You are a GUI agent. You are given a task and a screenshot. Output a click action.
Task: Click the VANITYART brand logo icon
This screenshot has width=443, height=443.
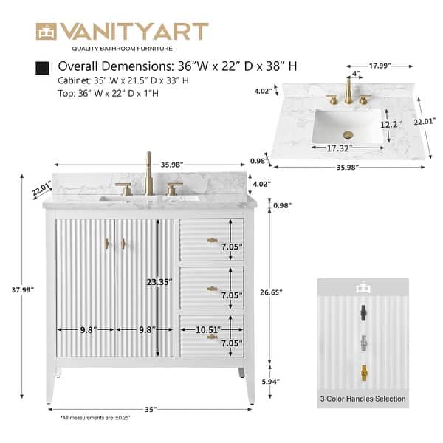coord(47,32)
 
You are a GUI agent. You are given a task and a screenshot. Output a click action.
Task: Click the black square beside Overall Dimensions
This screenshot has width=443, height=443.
coord(43,68)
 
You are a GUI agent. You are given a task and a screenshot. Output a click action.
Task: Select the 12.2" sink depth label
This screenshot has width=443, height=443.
coord(390,126)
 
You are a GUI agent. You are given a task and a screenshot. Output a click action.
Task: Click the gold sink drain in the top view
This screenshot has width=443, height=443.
coord(349,134)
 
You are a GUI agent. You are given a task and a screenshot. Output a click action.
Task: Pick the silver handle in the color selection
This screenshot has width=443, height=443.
coord(363,342)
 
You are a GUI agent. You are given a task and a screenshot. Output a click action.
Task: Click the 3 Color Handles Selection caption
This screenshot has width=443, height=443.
coord(363,399)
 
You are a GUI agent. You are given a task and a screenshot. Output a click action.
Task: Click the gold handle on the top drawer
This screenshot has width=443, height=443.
coord(212,240)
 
